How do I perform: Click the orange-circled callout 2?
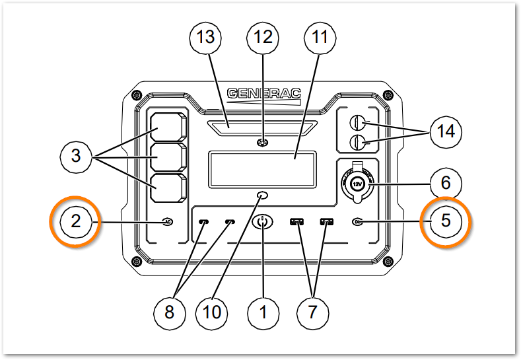76,221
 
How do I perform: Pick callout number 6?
445,180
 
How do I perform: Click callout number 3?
76,157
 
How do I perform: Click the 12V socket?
357,184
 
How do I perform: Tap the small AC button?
167,222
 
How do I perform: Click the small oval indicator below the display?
263,196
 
